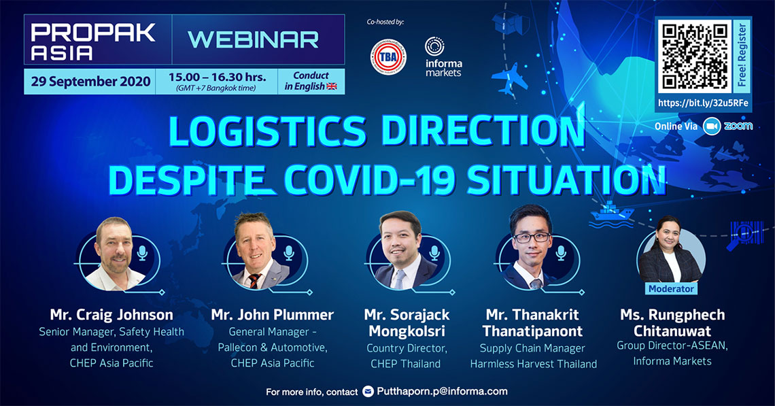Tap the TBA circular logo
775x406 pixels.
pyautogui.click(x=388, y=57)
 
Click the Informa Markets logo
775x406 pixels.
pyautogui.click(x=443, y=57)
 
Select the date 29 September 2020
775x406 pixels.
pyautogui.click(x=90, y=82)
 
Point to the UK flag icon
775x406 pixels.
pyautogui.click(x=332, y=86)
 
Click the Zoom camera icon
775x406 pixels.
pyautogui.click(x=712, y=126)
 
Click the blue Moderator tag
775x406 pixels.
pyautogui.click(x=671, y=289)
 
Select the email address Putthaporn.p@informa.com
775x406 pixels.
pyautogui.click(x=442, y=391)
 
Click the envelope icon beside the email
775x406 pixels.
pyautogui.click(x=368, y=392)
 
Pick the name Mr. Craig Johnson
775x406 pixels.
pyautogui.click(x=111, y=315)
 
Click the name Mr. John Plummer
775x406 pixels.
pyautogui.click(x=273, y=315)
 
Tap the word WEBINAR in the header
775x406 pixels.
pyautogui.click(x=253, y=40)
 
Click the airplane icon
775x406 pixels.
pyautogui.click(x=509, y=78)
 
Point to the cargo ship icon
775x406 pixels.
pyautogui.click(x=611, y=214)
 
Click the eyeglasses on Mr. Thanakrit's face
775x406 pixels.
pyautogui.click(x=532, y=237)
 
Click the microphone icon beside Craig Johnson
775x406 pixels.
pyautogui.click(x=142, y=253)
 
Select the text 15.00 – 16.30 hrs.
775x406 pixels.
pyautogui.click(x=217, y=77)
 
